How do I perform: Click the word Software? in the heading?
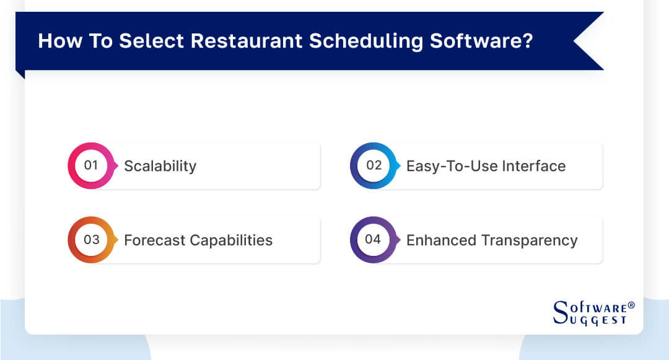(x=481, y=41)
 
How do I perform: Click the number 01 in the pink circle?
(x=91, y=165)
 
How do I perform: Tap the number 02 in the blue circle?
(x=374, y=165)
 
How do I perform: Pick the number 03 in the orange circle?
(x=91, y=240)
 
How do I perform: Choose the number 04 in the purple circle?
(x=374, y=240)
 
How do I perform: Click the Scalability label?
(x=160, y=166)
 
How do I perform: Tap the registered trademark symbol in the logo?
(x=631, y=305)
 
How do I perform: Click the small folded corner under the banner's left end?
(x=20, y=74)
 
